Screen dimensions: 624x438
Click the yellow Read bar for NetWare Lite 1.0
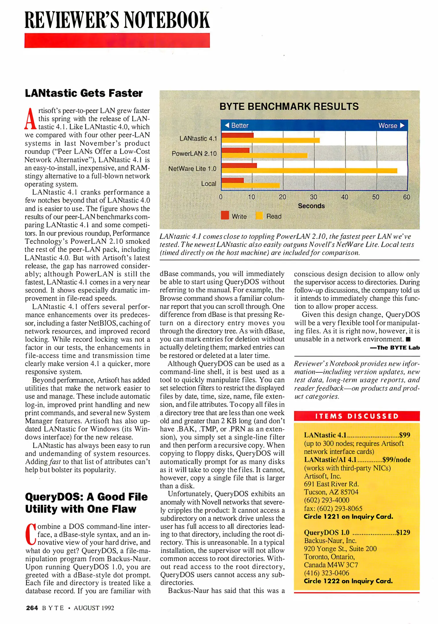[x=309, y=170]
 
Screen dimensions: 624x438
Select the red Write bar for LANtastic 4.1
[x=237, y=135]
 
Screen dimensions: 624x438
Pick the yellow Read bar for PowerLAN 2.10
[x=264, y=155]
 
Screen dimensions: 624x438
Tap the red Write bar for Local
[x=232, y=180]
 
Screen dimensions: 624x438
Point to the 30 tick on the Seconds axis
[x=313, y=197]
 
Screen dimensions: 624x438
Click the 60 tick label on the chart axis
[x=406, y=197]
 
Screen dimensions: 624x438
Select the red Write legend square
[x=225, y=216]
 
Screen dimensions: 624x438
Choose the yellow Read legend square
[x=259, y=216]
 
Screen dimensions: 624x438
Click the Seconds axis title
[x=311, y=206]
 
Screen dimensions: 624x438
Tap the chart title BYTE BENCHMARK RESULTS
[x=289, y=107]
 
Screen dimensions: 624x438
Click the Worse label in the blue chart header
[x=388, y=126]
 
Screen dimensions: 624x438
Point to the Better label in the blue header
[x=240, y=126]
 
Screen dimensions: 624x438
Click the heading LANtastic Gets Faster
[x=84, y=93]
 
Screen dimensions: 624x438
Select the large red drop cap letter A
[x=30, y=119]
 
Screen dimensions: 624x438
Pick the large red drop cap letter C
[x=31, y=533]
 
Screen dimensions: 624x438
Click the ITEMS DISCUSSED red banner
[x=357, y=416]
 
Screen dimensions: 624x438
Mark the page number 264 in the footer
[x=32, y=608]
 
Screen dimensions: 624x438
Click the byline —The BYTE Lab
[x=395, y=348]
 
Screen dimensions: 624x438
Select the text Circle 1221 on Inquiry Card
[x=348, y=517]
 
